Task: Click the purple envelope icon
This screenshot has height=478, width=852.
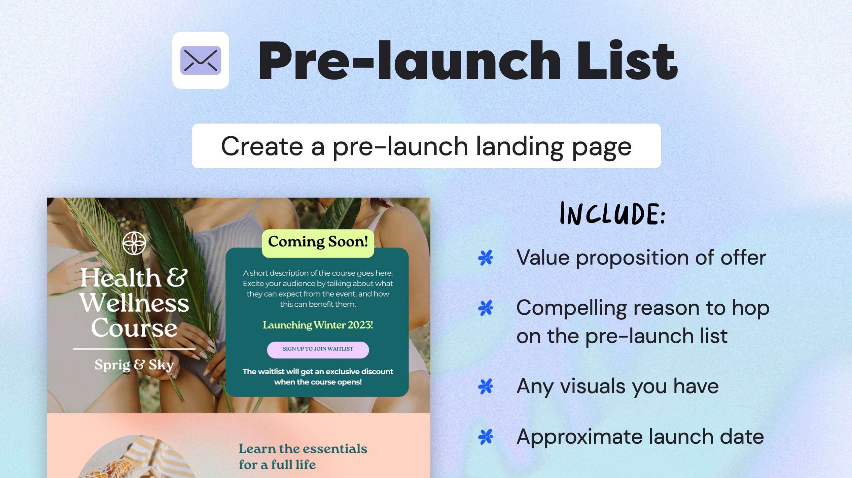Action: click(201, 60)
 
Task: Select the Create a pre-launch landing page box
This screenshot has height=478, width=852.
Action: click(426, 146)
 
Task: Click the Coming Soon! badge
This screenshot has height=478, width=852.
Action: click(318, 242)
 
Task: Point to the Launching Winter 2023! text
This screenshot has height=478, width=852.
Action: click(318, 325)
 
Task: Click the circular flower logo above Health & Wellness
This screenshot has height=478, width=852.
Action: click(134, 243)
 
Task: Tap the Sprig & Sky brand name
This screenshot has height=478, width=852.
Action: click(134, 365)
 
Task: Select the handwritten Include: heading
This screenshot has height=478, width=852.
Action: click(612, 214)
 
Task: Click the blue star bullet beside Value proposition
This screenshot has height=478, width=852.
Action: click(485, 258)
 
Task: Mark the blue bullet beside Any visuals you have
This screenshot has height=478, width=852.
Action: click(485, 386)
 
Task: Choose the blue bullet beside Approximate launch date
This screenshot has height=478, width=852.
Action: click(485, 437)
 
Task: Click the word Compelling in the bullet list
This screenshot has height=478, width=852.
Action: click(571, 308)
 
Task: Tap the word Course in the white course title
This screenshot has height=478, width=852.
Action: click(134, 328)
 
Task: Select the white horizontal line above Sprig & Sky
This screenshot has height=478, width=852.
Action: click(134, 349)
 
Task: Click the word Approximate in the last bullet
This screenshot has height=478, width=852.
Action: click(579, 437)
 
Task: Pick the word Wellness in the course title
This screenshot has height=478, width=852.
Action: click(135, 303)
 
